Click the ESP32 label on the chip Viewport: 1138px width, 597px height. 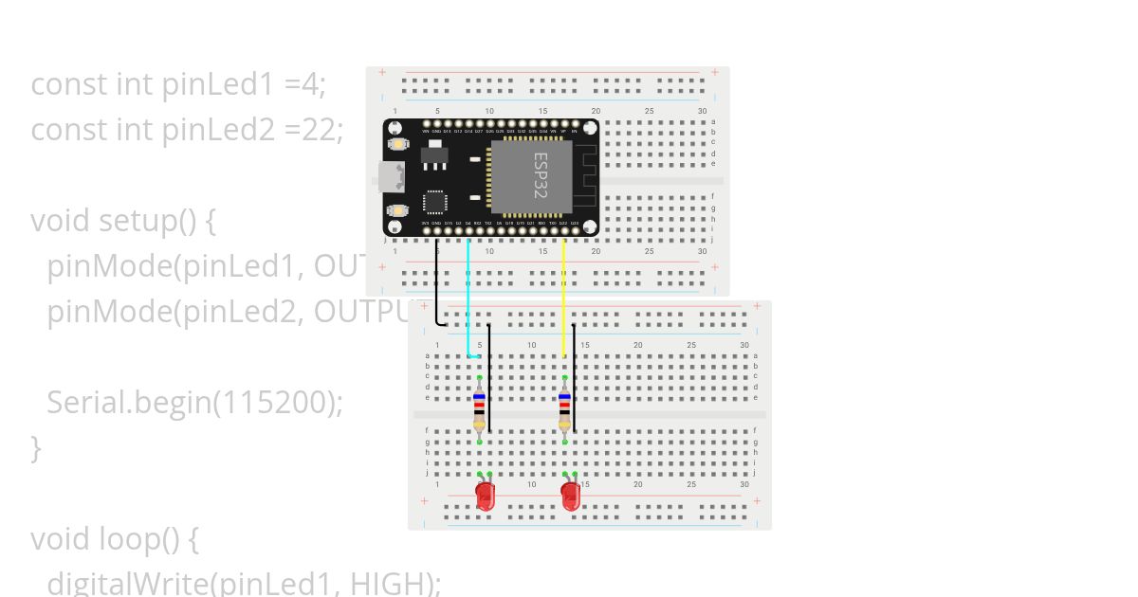tap(541, 175)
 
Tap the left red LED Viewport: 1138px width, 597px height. tap(485, 496)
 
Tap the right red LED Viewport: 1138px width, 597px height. tap(570, 496)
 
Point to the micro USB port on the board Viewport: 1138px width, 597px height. tap(390, 176)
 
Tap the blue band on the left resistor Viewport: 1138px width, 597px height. tap(479, 398)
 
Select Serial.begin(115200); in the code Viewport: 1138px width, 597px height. tap(194, 402)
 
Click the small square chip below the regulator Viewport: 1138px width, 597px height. tap(434, 202)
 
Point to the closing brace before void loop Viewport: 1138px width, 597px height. tap(36, 446)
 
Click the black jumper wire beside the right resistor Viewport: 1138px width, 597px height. tap(574, 379)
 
